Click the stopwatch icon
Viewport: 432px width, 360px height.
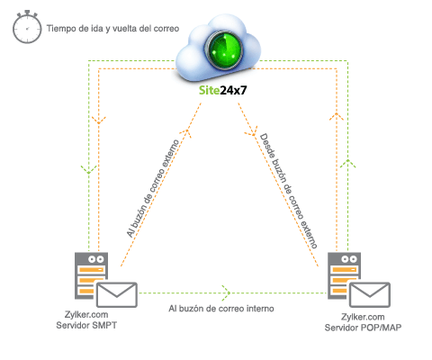(24, 28)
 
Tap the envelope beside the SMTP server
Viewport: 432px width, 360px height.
(115, 294)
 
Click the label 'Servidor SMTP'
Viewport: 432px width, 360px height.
(89, 325)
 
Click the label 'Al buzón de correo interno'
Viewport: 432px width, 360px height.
(221, 308)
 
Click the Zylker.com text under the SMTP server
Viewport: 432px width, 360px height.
(84, 316)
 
